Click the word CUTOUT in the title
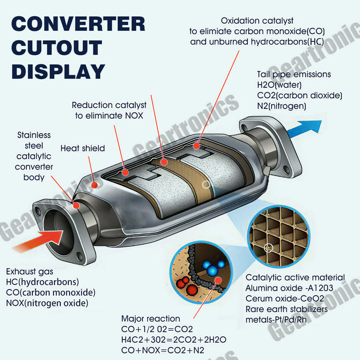click(57, 47)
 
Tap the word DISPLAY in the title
click(58, 71)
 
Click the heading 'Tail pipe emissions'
click(294, 75)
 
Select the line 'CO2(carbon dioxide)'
click(299, 96)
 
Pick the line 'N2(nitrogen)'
click(281, 106)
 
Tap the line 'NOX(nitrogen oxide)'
click(47, 303)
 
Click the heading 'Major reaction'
click(150, 319)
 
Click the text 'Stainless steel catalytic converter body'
click(34, 156)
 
